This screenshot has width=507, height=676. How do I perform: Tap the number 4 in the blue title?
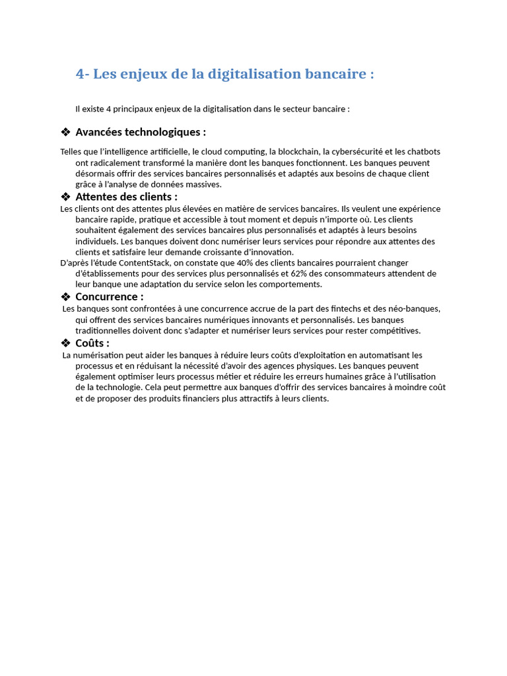pos(80,74)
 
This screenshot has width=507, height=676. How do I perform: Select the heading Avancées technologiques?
pos(141,132)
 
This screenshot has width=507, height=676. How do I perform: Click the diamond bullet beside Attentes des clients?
pos(65,197)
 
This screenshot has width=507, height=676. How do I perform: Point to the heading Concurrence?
pos(109,297)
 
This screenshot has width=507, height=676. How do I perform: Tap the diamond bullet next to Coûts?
pos(65,343)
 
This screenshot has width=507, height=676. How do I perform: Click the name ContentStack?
pos(145,263)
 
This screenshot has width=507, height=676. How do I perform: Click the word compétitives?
pos(393,331)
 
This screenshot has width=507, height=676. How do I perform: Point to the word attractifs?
pos(266,399)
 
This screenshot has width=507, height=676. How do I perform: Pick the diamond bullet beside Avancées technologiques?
pos(65,132)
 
